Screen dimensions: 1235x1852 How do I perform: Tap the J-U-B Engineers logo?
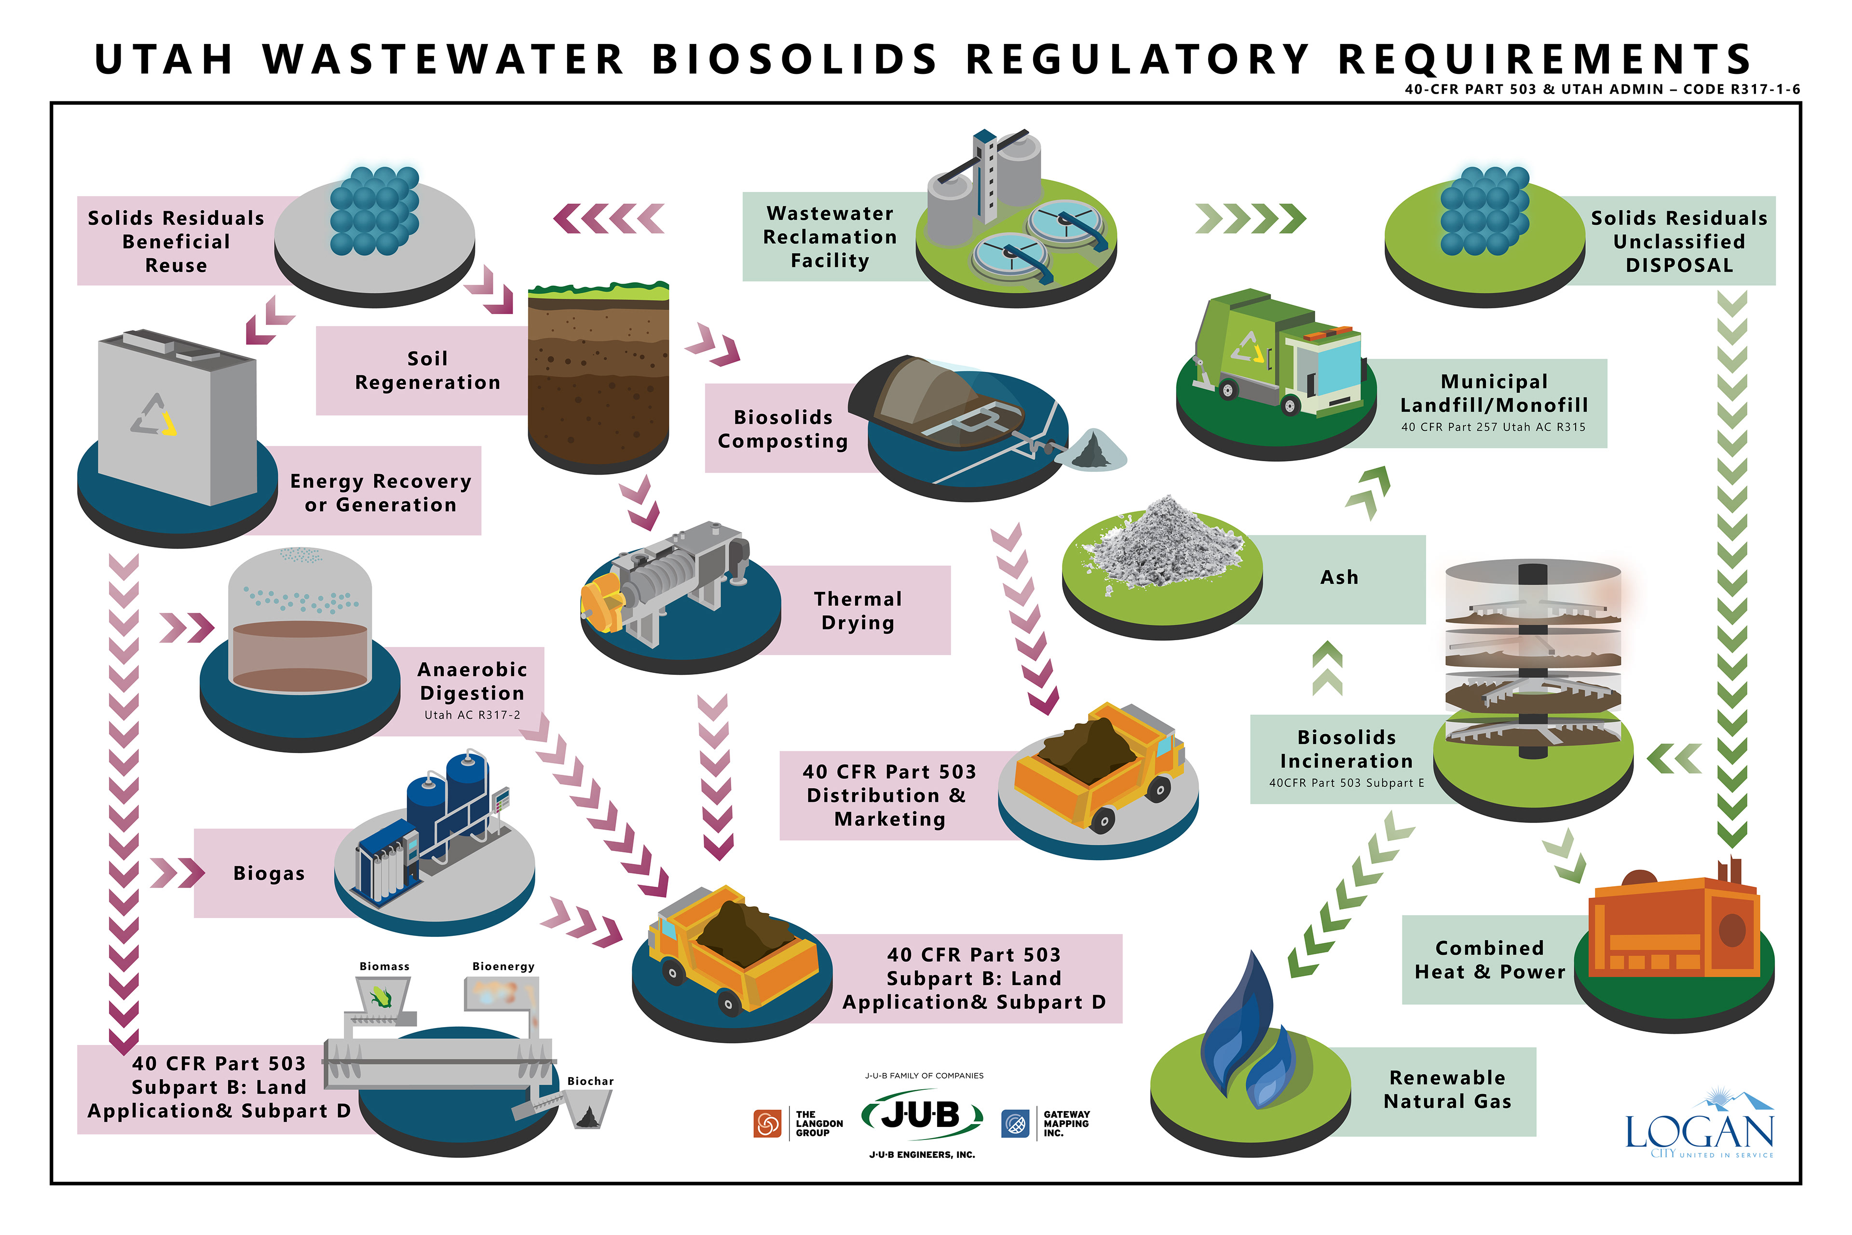pyautogui.click(x=921, y=1116)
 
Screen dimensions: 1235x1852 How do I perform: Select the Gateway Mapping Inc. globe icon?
pyautogui.click(x=1015, y=1123)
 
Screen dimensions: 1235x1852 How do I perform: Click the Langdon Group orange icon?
pyautogui.click(x=766, y=1123)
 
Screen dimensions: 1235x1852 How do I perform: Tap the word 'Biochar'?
pyautogui.click(x=590, y=1081)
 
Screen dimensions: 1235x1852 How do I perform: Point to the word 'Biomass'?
pyautogui.click(x=384, y=966)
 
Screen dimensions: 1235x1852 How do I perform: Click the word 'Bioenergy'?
pyautogui.click(x=503, y=966)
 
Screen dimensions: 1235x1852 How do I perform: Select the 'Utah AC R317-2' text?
pyautogui.click(x=472, y=715)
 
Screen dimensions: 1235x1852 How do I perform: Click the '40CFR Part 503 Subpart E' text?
pyautogui.click(x=1346, y=783)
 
